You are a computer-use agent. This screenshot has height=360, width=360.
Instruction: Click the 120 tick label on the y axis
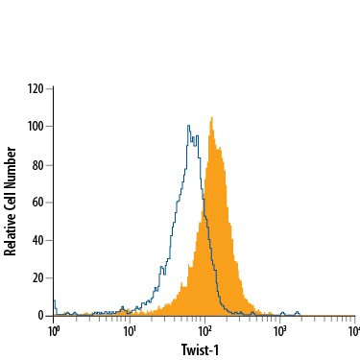tap(36, 88)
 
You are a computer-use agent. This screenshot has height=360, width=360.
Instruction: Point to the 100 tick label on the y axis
tap(36, 126)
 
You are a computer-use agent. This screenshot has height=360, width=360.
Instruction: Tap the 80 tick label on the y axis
tap(39, 164)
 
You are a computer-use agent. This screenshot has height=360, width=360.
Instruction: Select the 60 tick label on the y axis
tap(39, 202)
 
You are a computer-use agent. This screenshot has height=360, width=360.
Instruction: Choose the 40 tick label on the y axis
tap(39, 240)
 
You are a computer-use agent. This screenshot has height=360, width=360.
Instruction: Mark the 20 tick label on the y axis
tap(39, 277)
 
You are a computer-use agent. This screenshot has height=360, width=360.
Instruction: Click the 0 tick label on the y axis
tap(42, 315)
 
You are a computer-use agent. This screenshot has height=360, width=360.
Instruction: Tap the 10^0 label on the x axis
tap(55, 331)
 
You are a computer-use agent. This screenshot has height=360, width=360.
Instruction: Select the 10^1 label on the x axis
tap(130, 331)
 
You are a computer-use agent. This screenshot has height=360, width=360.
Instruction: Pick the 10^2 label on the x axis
tap(205, 331)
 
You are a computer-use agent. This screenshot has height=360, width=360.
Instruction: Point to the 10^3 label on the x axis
tap(280, 331)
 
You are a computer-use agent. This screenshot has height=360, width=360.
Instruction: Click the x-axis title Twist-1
tap(204, 349)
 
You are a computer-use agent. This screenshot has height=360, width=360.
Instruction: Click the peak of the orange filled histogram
tap(210, 118)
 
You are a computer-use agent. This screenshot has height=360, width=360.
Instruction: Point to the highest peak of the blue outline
tap(187, 123)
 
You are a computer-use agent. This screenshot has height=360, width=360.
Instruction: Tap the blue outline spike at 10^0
tap(55, 301)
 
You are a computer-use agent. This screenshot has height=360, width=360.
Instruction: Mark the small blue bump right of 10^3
tap(298, 311)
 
